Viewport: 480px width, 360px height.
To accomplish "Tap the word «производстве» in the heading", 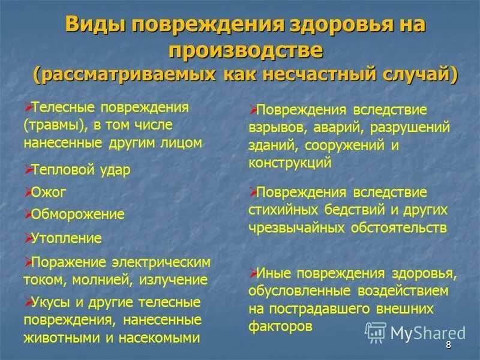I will (246, 51).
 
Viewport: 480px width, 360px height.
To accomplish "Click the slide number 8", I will (448, 346).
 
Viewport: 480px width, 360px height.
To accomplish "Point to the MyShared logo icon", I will (375, 332).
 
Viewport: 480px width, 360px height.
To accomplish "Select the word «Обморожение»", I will (77, 214).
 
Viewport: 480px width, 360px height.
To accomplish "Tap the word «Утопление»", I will (66, 238).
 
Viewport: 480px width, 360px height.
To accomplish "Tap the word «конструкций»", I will (290, 162).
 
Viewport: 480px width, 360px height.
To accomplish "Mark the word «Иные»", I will (274, 274).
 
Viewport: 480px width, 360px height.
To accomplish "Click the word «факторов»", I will (280, 326).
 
